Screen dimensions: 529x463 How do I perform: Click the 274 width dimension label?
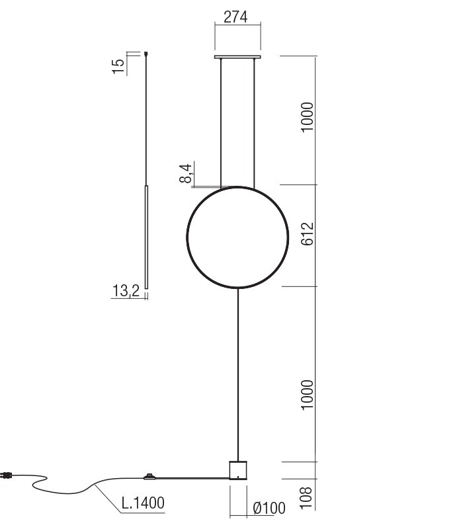click(235, 17)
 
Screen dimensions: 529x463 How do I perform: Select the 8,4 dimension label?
click(187, 173)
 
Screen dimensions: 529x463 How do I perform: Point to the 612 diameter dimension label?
click(306, 235)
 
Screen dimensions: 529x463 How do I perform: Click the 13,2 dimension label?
click(126, 291)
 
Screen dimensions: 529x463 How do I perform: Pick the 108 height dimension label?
click(306, 497)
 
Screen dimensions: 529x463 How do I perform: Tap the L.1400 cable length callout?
click(143, 503)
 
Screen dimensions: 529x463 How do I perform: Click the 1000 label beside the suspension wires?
click(306, 118)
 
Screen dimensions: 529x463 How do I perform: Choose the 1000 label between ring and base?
click(306, 395)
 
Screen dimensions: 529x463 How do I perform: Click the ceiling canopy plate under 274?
click(237, 58)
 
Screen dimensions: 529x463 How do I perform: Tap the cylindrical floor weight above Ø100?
click(237, 469)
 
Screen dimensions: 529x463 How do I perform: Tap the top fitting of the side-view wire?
click(146, 55)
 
